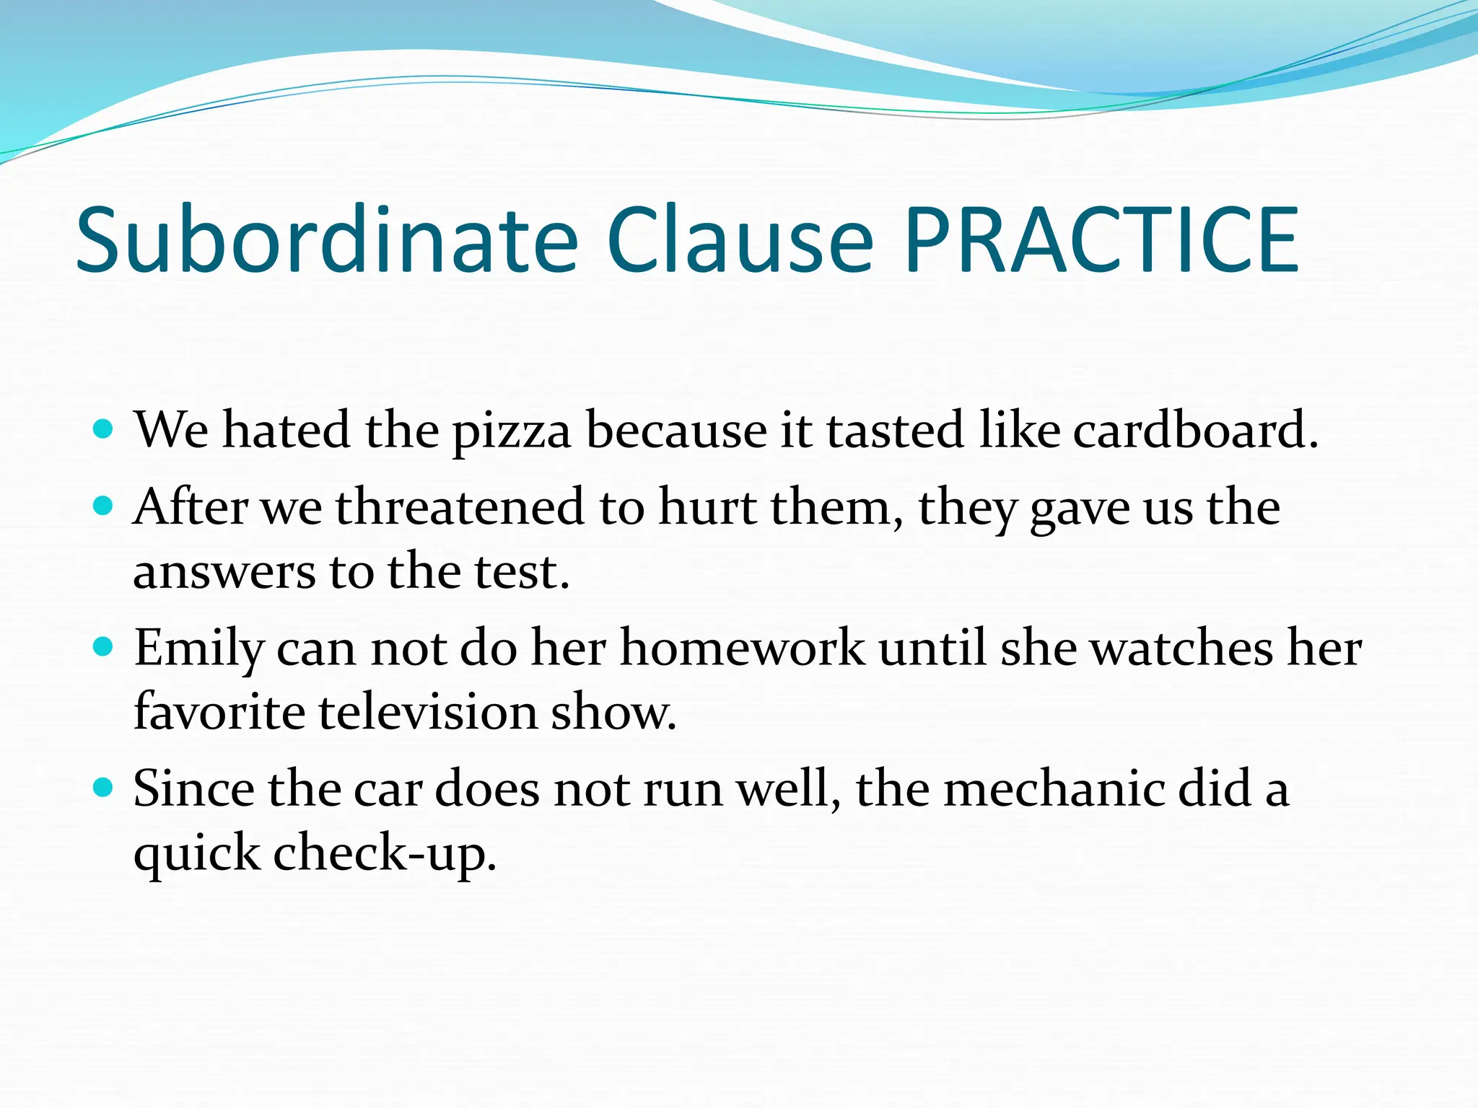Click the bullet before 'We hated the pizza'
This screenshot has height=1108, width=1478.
point(104,430)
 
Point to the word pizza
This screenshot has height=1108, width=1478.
point(512,431)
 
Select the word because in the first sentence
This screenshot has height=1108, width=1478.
point(676,430)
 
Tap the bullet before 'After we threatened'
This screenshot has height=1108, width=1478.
point(104,506)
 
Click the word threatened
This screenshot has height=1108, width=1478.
point(460,507)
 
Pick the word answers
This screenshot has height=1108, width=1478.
point(224,572)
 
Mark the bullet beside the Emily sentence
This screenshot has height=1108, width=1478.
point(104,647)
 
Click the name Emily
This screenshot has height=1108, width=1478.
point(199,648)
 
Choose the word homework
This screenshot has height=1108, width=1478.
point(743,647)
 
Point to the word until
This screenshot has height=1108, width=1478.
point(932,647)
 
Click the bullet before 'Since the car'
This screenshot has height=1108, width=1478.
point(104,788)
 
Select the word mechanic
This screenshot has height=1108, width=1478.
point(1054,788)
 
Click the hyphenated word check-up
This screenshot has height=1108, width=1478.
point(384,853)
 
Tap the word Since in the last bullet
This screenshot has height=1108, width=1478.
point(193,788)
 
